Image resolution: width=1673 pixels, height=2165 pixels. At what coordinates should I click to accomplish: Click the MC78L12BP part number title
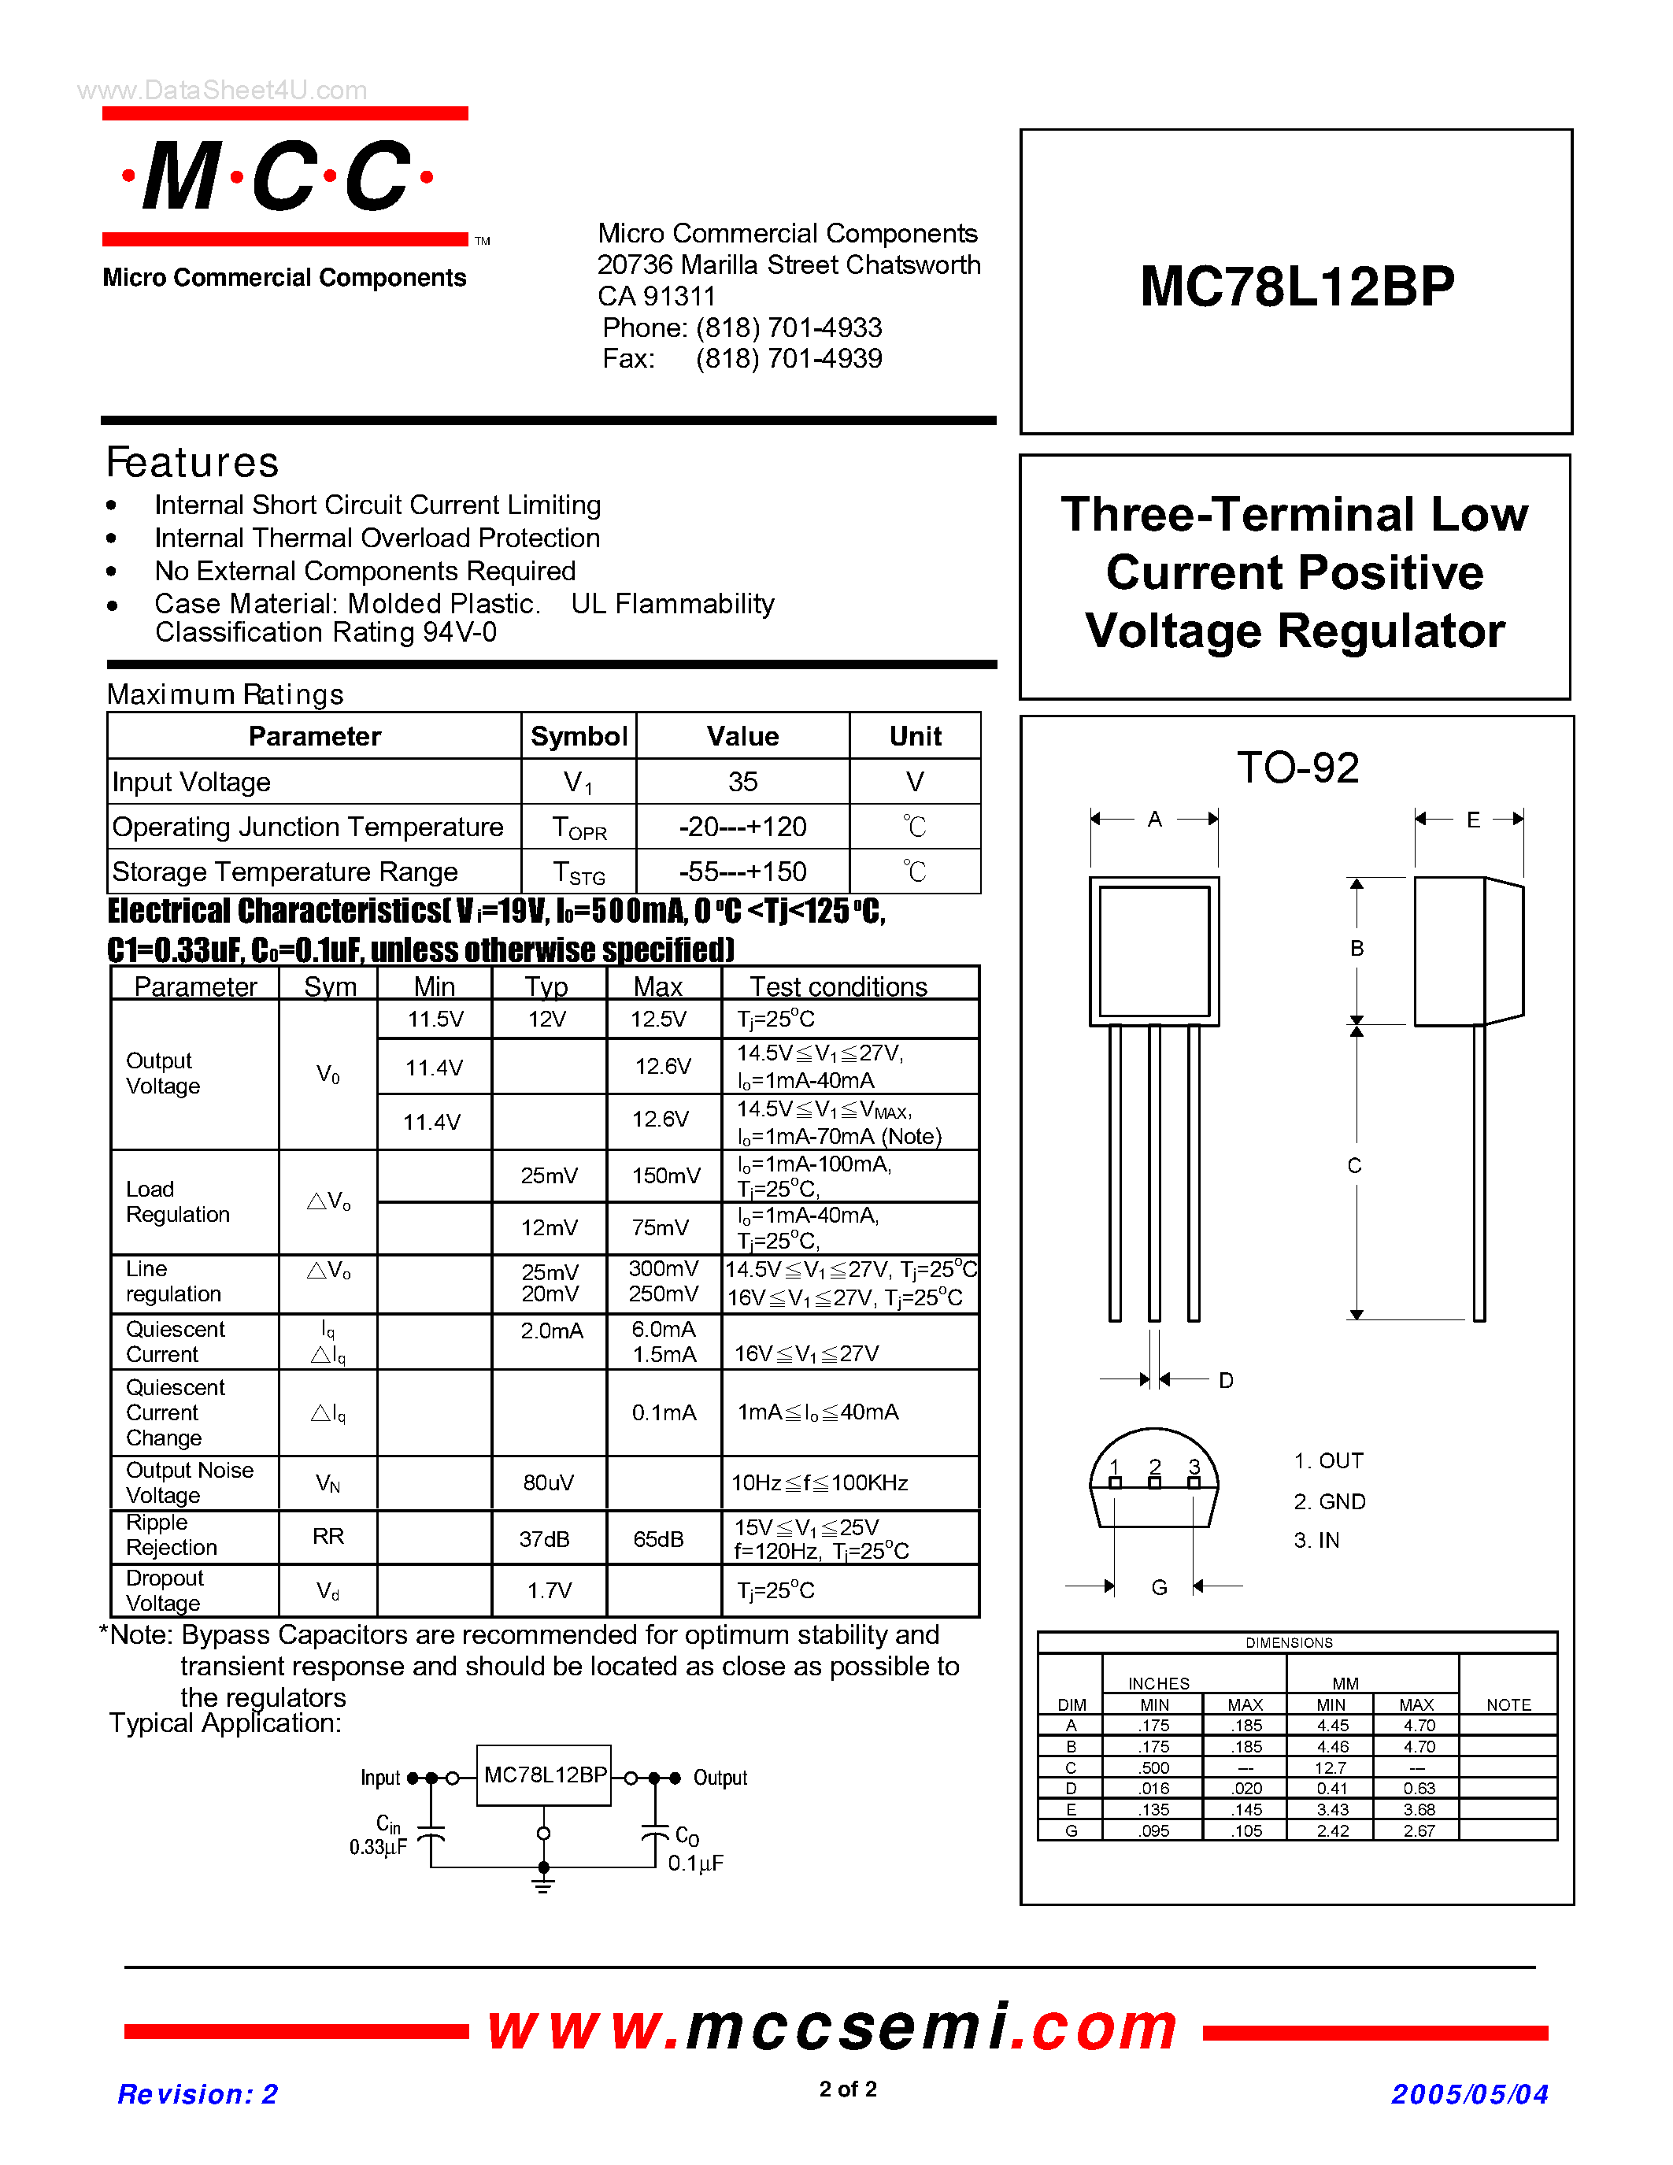pos(1297,287)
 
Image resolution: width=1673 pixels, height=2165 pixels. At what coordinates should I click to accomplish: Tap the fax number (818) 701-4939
pos(788,359)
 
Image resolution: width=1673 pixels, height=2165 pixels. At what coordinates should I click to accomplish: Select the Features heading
pos(193,463)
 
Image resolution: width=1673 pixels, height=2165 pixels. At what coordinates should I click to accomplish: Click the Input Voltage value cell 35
pos(742,782)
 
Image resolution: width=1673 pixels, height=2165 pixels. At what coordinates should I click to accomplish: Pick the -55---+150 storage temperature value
pos(742,872)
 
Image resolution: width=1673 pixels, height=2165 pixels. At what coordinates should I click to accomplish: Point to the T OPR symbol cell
pos(579,827)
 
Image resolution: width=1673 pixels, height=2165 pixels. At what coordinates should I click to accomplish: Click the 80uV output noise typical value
pos(548,1483)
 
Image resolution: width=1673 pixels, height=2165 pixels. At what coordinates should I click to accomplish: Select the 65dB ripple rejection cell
pos(658,1538)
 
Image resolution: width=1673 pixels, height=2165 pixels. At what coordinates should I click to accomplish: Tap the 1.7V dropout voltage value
pos(548,1590)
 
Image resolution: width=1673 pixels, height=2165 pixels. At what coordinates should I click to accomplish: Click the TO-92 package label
pos(1297,768)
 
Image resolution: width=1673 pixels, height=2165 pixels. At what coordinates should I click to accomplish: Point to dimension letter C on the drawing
pos(1355,1166)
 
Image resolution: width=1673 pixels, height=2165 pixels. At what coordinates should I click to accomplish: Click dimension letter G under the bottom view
pos(1159,1587)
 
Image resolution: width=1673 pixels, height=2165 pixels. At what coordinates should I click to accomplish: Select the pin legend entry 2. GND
pos(1329,1502)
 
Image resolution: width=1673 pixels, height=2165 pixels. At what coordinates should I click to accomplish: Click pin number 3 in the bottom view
pos(1194,1466)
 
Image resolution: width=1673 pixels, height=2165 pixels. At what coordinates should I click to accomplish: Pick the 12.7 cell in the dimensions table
pos(1331,1767)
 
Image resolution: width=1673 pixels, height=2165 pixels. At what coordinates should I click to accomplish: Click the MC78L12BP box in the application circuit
pos(544,1775)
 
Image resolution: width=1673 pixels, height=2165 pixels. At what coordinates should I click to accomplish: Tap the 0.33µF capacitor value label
pos(378,1847)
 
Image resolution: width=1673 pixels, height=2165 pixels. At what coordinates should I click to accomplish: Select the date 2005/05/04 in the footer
pos(1469,2093)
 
